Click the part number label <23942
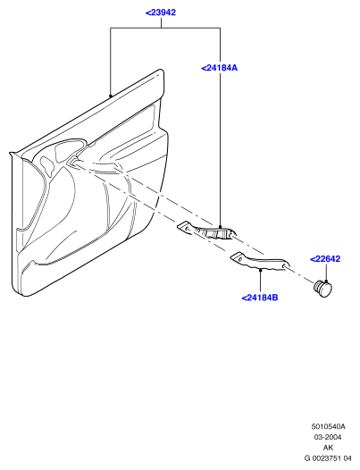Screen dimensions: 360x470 point(161,13)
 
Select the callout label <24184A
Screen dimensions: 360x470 point(219,68)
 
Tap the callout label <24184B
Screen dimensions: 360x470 point(260,298)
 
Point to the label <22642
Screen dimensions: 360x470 point(325,259)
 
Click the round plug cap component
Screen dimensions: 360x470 point(322,289)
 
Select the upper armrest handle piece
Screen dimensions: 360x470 point(207,231)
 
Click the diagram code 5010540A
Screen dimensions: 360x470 point(328,426)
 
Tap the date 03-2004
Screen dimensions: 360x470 point(328,437)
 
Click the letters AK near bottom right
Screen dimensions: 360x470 point(328,448)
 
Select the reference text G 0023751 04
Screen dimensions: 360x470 point(328,458)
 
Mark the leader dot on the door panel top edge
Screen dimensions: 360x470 point(111,97)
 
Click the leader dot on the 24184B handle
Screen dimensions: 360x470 point(261,271)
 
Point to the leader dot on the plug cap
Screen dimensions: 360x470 point(325,281)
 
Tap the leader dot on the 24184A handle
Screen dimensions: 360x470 point(221,227)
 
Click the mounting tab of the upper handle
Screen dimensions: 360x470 point(183,226)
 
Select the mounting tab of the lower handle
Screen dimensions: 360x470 point(237,256)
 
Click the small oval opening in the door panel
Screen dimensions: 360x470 point(47,166)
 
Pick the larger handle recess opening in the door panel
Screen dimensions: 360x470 point(69,149)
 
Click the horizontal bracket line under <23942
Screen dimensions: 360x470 point(165,28)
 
